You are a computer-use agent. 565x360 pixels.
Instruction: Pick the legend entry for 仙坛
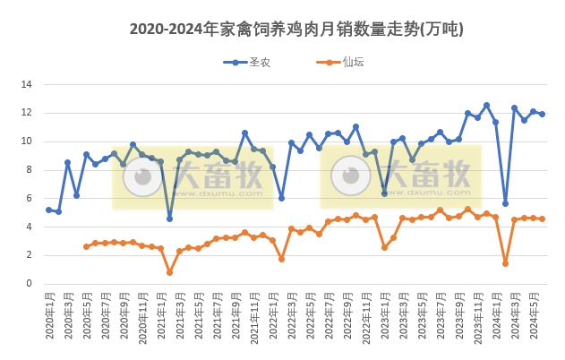click(339, 62)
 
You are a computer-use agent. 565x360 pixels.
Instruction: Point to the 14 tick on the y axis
click(27, 84)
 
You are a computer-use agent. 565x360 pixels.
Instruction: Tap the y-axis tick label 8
click(30, 169)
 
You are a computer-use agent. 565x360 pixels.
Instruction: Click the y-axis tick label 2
click(30, 255)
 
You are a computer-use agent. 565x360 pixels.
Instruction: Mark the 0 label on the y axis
click(30, 284)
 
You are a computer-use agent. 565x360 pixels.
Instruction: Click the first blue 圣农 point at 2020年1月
click(48, 210)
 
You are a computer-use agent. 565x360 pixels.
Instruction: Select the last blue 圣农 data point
click(542, 114)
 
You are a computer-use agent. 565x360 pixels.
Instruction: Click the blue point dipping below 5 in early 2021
click(169, 219)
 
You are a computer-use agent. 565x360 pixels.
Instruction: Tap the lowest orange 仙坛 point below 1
click(169, 272)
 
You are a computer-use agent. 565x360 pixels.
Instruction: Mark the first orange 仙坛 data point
click(86, 246)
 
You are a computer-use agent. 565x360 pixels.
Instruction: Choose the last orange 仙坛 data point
click(542, 219)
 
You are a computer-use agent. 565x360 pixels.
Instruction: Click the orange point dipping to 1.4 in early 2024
click(505, 263)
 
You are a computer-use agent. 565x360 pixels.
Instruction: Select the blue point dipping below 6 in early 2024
click(505, 203)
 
